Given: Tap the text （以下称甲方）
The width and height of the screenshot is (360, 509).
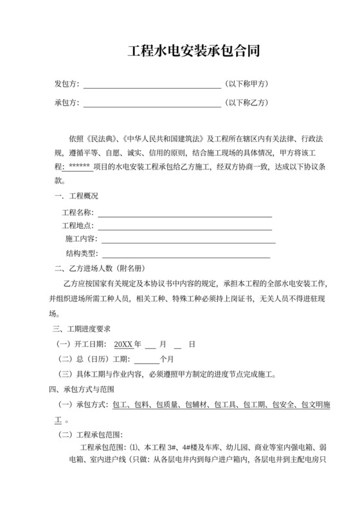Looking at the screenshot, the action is (247, 84).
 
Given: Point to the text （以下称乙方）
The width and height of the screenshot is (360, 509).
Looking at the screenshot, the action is (247, 103).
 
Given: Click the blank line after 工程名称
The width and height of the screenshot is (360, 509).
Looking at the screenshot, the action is (184, 212).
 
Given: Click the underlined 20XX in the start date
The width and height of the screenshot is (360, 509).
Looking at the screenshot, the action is (123, 344).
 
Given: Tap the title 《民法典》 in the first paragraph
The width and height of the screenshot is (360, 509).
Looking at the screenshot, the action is (101, 139).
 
